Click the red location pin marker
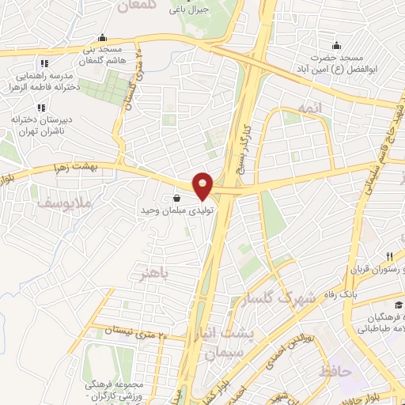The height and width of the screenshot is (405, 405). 203,186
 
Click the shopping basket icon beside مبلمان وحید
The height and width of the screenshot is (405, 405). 174,199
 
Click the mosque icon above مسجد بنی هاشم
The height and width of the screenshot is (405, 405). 102,37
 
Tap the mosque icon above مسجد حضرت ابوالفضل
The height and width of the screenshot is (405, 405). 336,44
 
